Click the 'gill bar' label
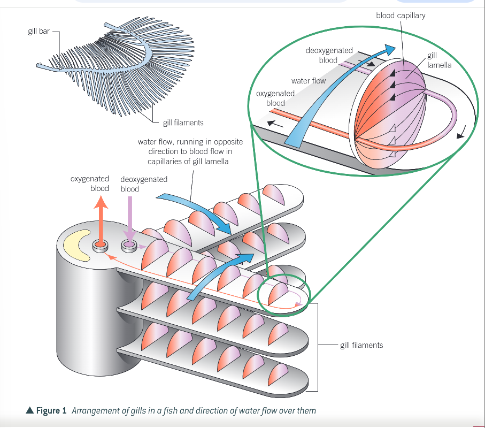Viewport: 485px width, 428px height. pos(39,32)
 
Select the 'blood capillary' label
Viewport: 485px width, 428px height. pos(401,16)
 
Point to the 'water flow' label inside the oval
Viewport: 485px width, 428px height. pos(308,81)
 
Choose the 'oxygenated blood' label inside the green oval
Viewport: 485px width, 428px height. pos(275,98)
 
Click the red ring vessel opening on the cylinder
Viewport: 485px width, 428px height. pos(100,246)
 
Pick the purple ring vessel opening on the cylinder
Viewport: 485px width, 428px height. pos(129,246)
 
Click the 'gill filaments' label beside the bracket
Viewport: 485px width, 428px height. pos(361,345)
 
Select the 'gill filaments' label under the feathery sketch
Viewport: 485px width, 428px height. pos(183,123)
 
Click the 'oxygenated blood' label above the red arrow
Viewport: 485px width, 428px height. pos(90,184)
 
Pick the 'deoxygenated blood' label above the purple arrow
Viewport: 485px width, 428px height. pos(144,184)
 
